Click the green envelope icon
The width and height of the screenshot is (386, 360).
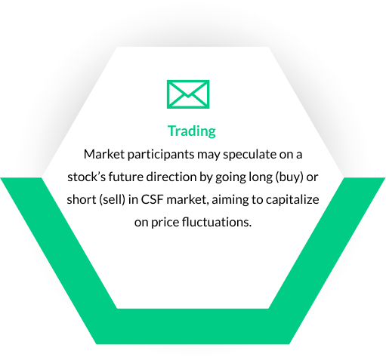tap(188, 94)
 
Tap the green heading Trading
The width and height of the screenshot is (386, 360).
tap(192, 131)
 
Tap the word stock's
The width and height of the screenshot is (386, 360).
tap(85, 177)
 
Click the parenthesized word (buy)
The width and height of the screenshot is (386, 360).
tap(304, 177)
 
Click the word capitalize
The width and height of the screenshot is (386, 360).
tap(295, 200)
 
